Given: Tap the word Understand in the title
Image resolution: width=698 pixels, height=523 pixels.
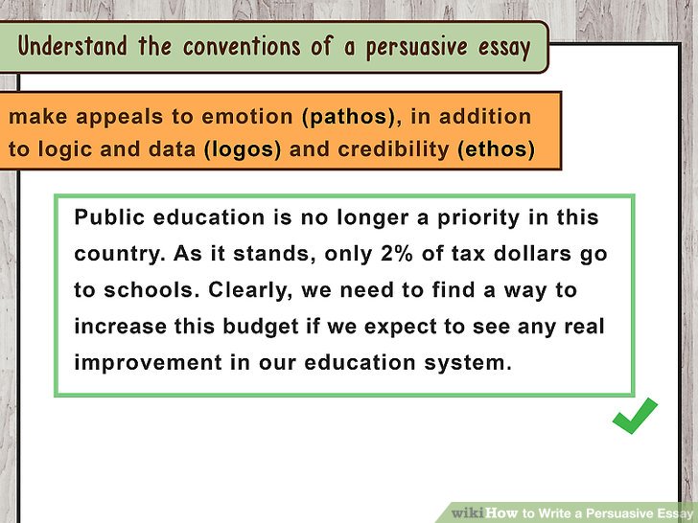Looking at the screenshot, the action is point(73,46).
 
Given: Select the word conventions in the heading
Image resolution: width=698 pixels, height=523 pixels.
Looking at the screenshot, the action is point(242,47).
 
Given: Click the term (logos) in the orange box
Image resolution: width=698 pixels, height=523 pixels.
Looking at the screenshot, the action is point(243,149).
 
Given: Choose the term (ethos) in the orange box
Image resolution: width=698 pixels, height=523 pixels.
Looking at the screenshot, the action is point(497,149).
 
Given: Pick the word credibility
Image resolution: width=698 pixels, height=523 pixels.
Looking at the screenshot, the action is point(393,149).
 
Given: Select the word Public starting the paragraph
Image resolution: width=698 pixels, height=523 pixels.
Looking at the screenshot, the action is point(109,217).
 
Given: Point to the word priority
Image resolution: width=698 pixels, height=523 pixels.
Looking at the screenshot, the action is point(478,218).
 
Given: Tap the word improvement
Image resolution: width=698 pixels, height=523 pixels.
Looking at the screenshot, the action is point(148,363).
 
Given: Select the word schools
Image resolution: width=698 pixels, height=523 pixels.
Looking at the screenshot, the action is point(151,290).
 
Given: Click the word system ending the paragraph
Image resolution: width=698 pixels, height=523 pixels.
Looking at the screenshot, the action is point(468,363).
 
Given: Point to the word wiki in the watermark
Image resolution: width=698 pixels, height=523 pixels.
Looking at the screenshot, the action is point(468,512).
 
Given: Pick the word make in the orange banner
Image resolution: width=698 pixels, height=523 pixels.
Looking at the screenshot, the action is point(37,117).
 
